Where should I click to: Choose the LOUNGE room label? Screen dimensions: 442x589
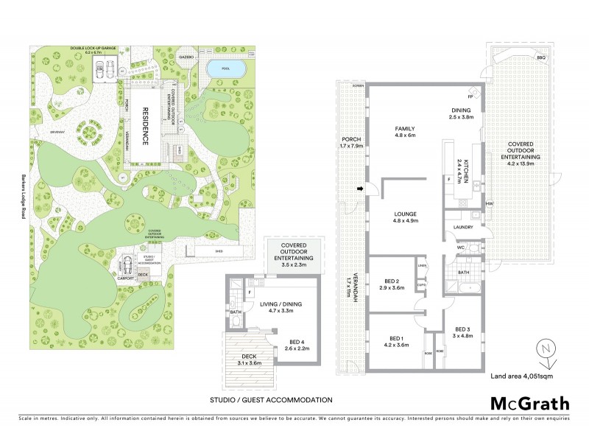pyautogui.click(x=406, y=214)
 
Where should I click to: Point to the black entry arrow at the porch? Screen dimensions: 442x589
pyautogui.click(x=360, y=190)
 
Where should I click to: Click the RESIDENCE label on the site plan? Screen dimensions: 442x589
pyautogui.click(x=146, y=127)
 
